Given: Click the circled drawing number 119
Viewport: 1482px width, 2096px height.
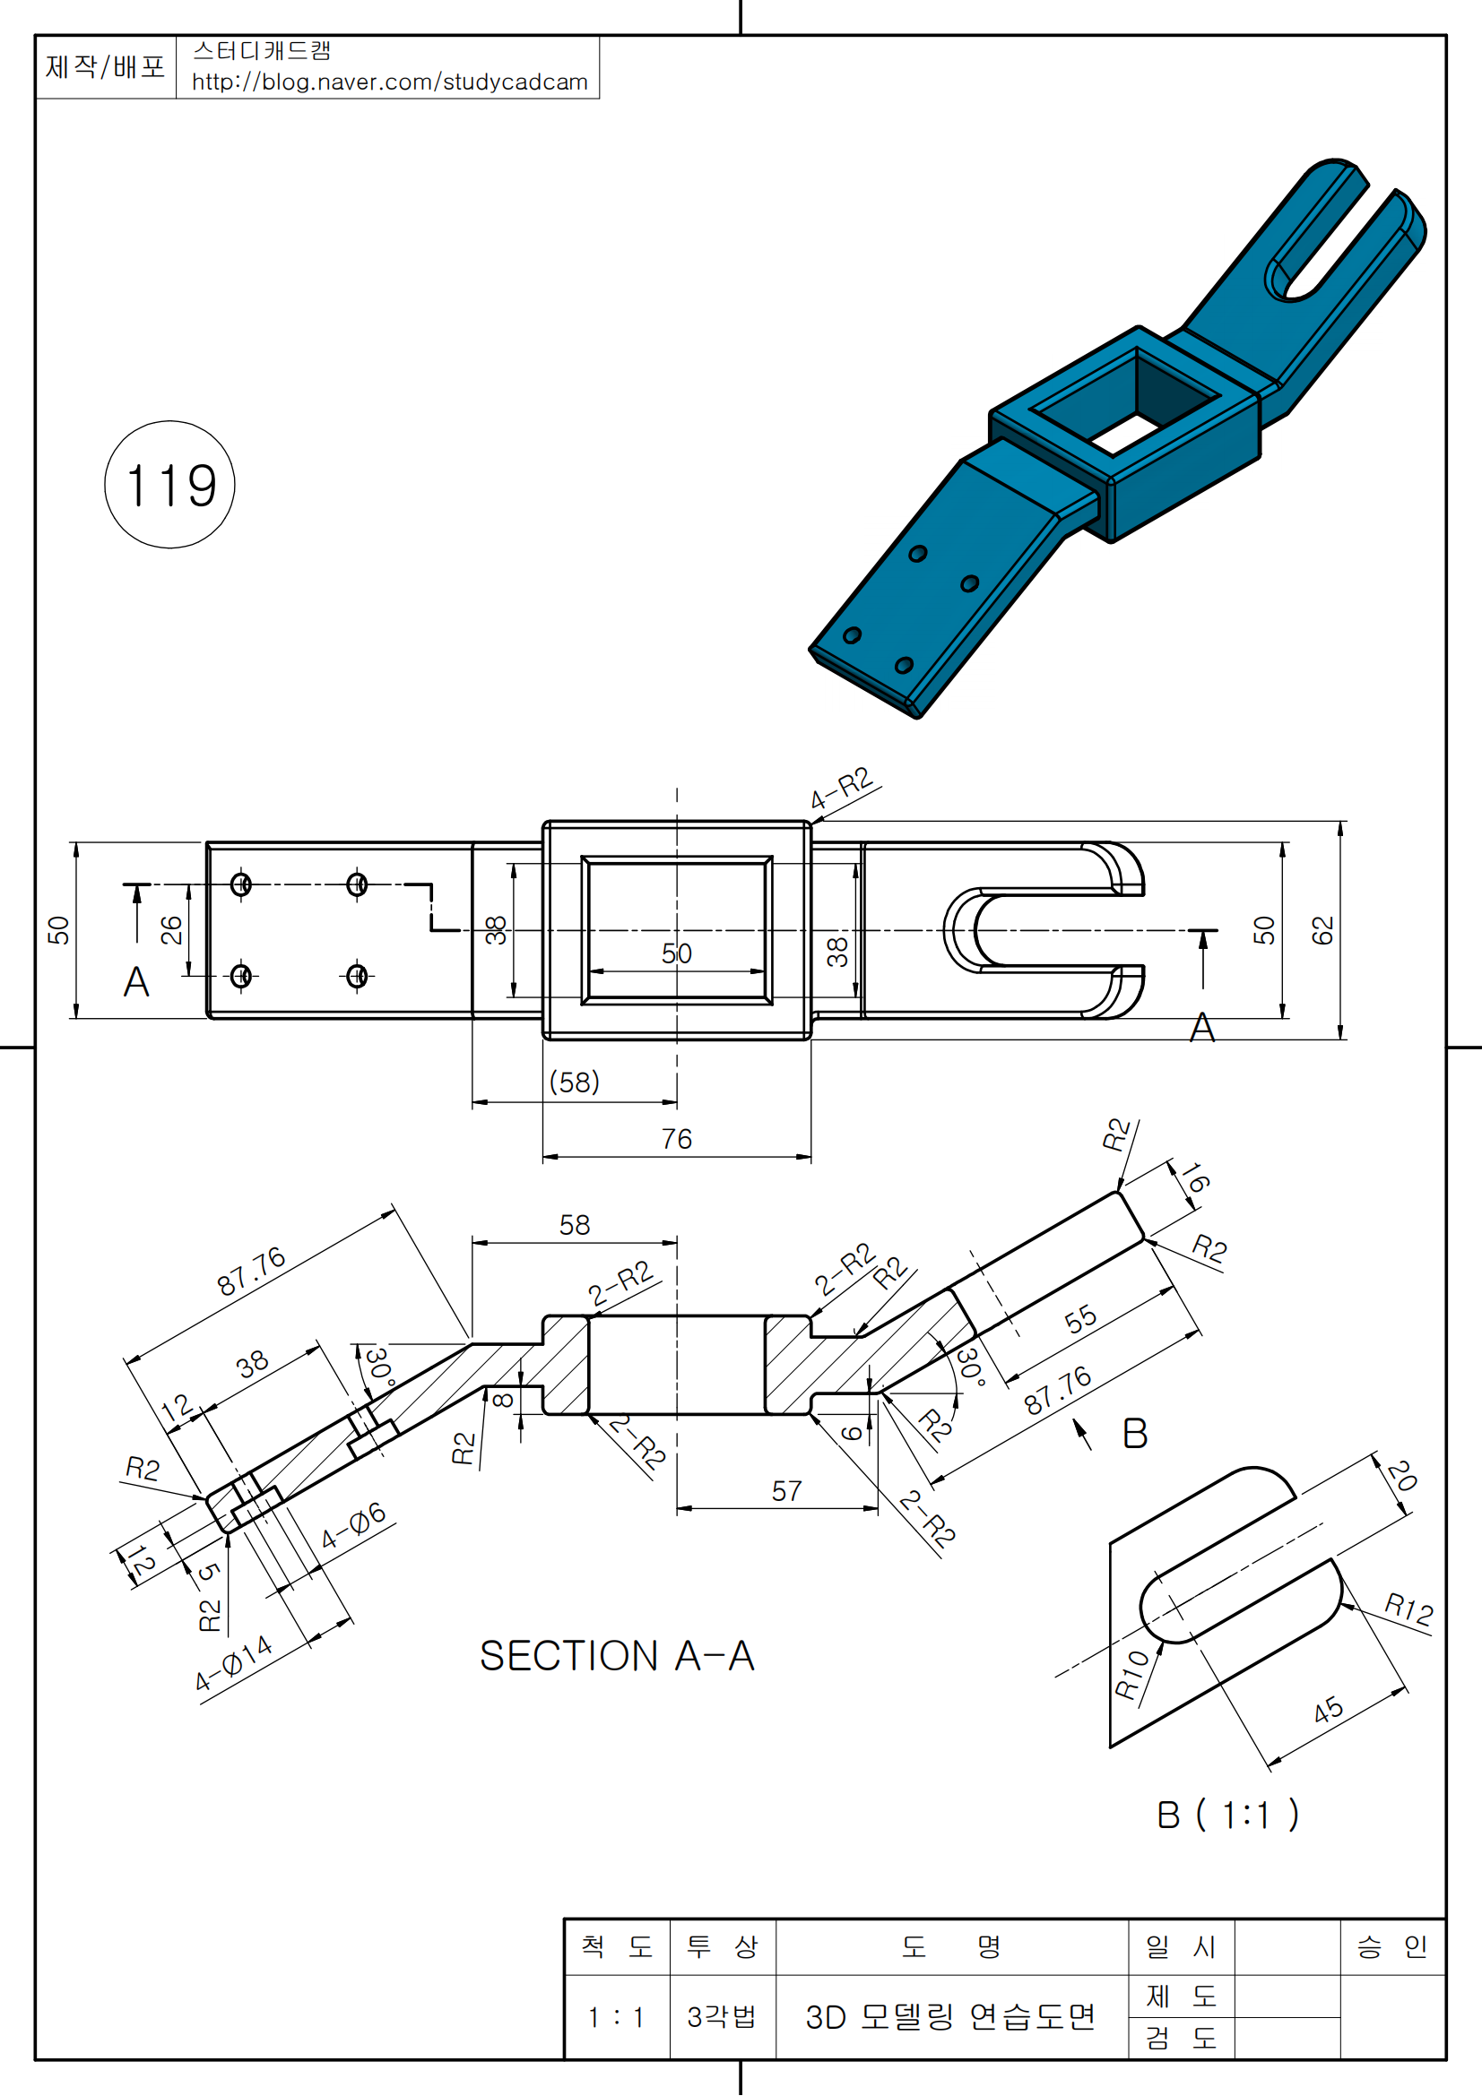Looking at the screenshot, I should [169, 485].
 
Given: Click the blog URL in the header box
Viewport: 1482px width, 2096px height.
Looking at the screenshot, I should [389, 82].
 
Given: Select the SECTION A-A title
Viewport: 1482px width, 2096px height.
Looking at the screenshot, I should [617, 1656].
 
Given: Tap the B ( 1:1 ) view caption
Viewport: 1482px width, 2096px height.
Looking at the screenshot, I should [1226, 1815].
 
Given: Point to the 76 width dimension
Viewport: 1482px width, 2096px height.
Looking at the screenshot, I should [677, 1139].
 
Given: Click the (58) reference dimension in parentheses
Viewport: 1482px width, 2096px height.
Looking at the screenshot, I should [575, 1082].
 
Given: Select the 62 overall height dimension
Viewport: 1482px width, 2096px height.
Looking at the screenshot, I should [1322, 930].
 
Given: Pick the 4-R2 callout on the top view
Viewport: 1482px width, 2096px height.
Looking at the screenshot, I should [842, 788].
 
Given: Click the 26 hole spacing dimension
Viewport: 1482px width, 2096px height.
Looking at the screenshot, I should [171, 930].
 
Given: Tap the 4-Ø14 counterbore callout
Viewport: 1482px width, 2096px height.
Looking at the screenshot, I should [234, 1662].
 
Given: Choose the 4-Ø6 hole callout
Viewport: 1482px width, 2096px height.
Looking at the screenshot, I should [353, 1525].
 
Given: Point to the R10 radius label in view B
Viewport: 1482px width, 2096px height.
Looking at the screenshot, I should [1132, 1675].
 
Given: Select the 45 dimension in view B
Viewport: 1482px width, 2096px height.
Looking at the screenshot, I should [1328, 1710].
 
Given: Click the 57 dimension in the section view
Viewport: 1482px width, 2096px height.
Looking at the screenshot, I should [786, 1491].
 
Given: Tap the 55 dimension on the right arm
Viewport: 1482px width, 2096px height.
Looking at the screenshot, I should [1080, 1319].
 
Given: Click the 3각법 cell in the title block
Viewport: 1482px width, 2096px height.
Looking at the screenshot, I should [722, 2016].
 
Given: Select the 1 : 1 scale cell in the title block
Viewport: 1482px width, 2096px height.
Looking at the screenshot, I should [616, 2016].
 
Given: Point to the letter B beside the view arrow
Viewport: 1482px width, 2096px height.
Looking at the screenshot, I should [1134, 1433].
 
